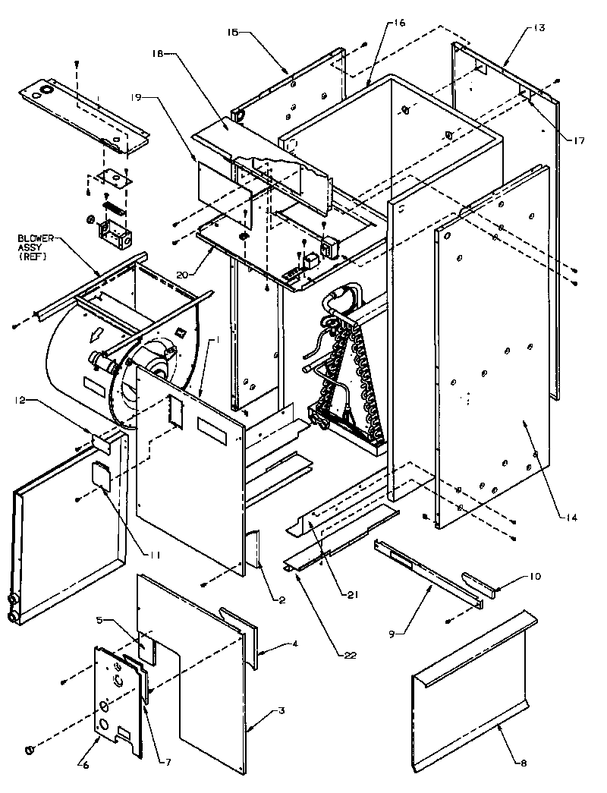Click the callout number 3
click(281, 710)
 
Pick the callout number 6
click(85, 764)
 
